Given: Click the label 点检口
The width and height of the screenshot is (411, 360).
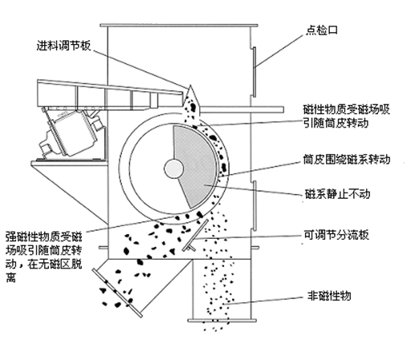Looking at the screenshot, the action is [322, 30].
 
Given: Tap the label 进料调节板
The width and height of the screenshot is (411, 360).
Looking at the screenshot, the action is [63, 46].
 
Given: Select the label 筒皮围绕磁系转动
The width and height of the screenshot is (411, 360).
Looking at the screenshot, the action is [347, 160].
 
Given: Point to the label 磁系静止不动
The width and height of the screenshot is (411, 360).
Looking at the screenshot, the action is [338, 194].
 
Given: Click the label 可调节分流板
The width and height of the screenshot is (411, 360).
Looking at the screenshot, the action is [336, 235].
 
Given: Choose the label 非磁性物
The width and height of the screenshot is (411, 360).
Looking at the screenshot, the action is [329, 296].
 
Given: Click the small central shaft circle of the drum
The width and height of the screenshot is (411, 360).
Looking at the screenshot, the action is [173, 168].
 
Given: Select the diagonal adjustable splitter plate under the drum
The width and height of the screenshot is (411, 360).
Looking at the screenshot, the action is [195, 235].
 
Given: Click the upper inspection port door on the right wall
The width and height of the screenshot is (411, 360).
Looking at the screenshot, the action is [254, 72].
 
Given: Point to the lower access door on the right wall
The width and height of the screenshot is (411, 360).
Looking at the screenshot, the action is [254, 205].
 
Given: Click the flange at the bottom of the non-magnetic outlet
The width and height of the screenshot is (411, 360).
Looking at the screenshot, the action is [222, 320].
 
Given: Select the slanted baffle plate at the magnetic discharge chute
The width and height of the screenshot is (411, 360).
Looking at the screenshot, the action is [117, 293].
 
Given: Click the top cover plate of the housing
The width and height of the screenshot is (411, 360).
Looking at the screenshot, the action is [179, 26].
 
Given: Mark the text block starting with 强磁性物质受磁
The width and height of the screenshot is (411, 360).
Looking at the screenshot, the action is [44, 257].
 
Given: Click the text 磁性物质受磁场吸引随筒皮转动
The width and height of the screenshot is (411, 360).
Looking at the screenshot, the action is [347, 116].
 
